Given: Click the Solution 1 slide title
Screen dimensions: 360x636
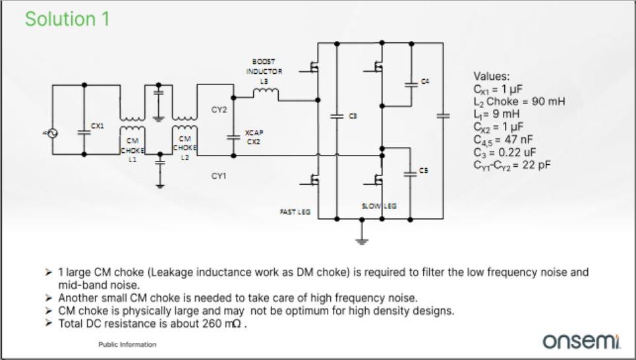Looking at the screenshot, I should [67, 19].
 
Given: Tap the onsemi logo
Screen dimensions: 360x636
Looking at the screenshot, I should [580, 342].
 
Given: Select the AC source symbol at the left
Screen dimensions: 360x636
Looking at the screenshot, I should [51, 133].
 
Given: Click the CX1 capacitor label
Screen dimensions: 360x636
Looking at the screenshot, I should [97, 125].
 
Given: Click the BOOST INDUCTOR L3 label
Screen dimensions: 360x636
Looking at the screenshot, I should [264, 71].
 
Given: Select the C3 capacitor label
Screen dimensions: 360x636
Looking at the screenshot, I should [353, 116].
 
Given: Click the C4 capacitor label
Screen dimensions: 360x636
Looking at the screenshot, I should [425, 81].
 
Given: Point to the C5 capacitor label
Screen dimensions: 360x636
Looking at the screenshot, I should [424, 171].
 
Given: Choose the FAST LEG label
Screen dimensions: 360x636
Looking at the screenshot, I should [295, 212].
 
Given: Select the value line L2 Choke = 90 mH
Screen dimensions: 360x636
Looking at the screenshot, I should [519, 102].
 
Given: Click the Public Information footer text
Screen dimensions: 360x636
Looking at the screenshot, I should [127, 344].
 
